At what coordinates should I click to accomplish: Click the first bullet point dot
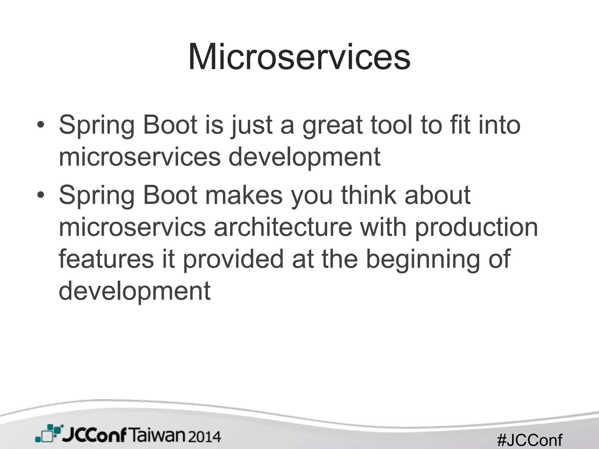41,125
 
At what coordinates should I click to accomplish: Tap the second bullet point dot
41,195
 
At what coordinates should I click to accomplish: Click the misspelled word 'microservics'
132,227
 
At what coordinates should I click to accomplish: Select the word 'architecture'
283,227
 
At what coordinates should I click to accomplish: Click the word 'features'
106,259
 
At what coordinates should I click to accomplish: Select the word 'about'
438,195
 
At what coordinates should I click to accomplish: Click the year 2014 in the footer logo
204,437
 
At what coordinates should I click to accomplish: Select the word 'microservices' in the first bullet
140,157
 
